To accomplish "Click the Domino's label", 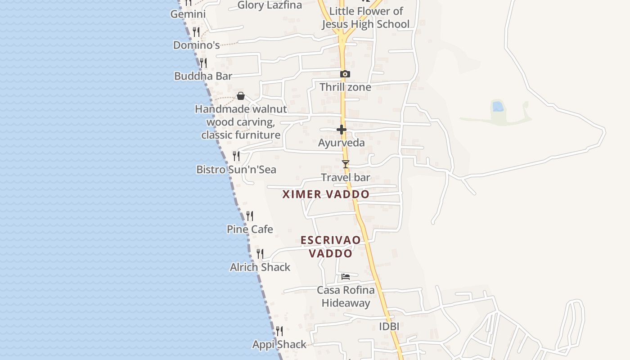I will pos(196,45).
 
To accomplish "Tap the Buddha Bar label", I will pos(203,76).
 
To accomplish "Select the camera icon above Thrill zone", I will pos(345,74).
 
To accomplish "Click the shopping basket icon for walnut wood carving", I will pos(241,96).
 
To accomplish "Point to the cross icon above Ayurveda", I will pos(342,130).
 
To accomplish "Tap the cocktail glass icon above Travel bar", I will pos(345,164).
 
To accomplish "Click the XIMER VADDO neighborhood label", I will pos(326,194).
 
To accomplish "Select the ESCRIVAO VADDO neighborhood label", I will pos(331,247).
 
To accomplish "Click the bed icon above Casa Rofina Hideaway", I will pos(346,276).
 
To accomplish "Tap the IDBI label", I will pos(389,326).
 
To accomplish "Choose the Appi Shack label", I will pos(279,345).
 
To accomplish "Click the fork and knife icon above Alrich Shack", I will pos(260,254).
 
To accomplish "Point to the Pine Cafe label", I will pos(250,229).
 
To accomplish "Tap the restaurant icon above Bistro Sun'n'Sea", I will pos(236,156).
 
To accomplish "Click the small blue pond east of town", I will pos(498,106).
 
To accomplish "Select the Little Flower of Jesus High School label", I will pos(365,18).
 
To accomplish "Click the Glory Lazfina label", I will pos(270,5).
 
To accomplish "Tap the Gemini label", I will pos(188,14).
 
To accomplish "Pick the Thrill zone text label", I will pos(345,87).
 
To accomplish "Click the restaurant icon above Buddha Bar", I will pos(203,63).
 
